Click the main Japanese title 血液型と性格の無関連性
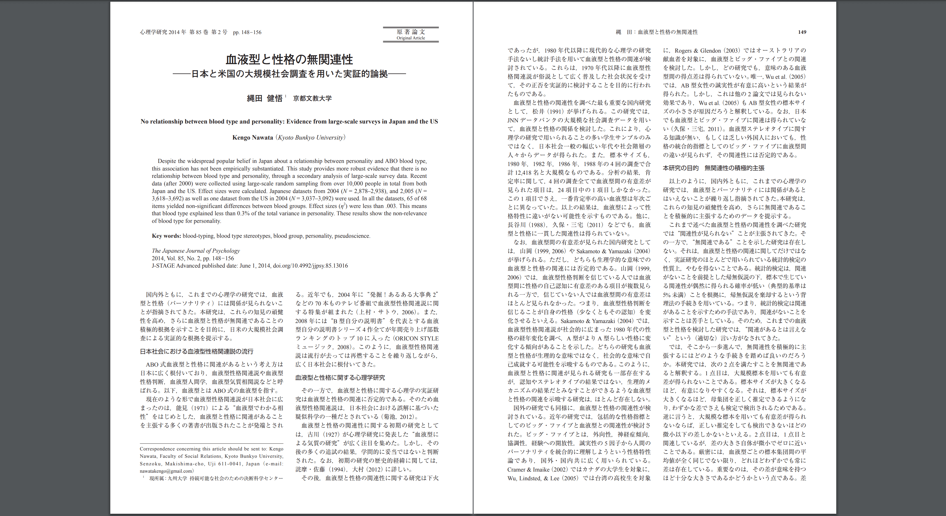tap(289, 59)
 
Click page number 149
tap(802, 32)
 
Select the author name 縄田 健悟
tap(264, 98)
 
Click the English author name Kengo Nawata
tap(253, 137)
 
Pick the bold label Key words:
tap(166, 236)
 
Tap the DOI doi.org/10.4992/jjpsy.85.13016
tap(310, 266)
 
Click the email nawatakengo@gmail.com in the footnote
tap(166, 471)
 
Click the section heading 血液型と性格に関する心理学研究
tap(340, 378)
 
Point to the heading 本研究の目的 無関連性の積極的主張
tap(714, 168)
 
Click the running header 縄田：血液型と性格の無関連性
tap(657, 32)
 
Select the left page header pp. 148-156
tap(247, 32)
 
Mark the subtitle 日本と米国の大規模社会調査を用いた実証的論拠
tap(289, 74)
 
